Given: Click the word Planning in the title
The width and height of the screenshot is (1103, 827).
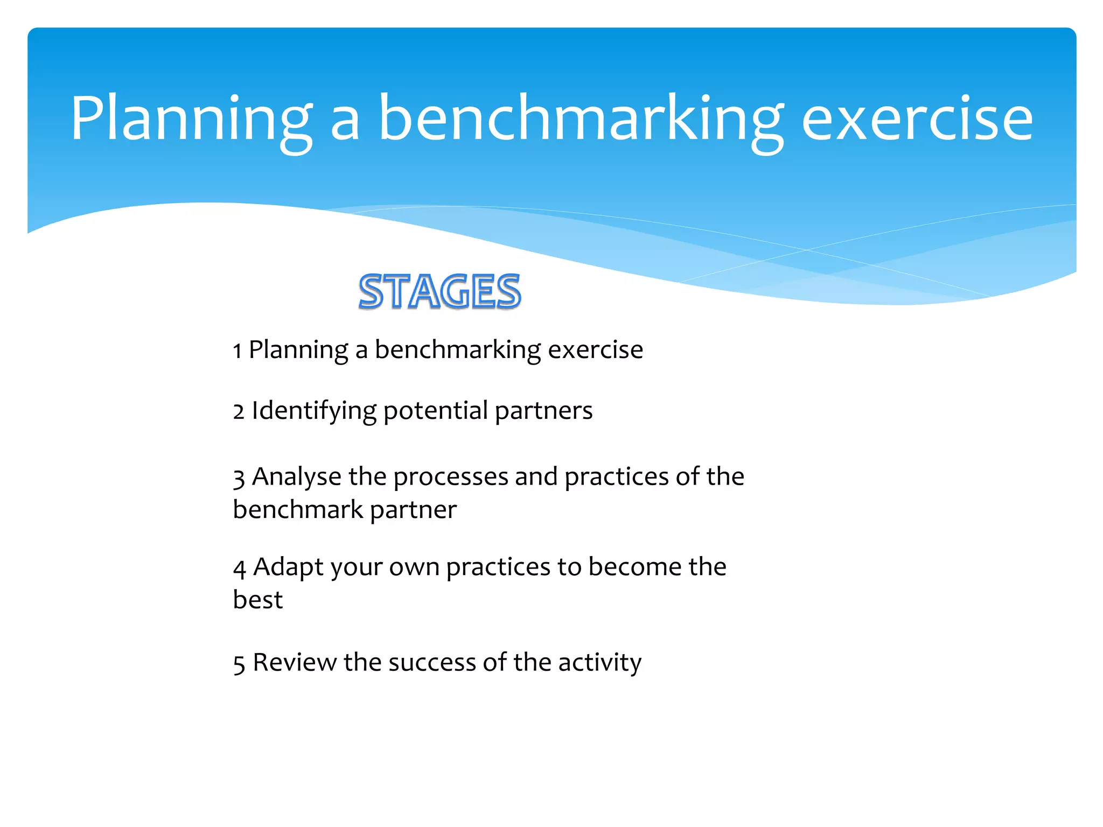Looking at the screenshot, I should [x=191, y=120].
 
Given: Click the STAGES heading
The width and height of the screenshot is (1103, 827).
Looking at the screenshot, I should [x=439, y=291].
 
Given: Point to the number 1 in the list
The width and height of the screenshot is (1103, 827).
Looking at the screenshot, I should [x=237, y=352].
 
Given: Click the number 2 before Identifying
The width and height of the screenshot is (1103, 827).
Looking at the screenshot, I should [x=239, y=412].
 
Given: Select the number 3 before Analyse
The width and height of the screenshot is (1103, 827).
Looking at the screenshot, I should [x=239, y=478].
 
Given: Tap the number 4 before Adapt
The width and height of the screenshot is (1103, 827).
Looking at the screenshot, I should [x=240, y=569].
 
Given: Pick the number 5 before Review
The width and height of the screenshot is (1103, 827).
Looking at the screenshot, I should [x=239, y=664].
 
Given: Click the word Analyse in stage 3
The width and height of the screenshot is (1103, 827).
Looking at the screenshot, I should [x=297, y=477].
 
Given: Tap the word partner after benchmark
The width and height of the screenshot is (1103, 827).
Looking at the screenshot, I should [x=413, y=510].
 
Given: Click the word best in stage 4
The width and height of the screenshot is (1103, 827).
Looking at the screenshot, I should [x=257, y=600].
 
